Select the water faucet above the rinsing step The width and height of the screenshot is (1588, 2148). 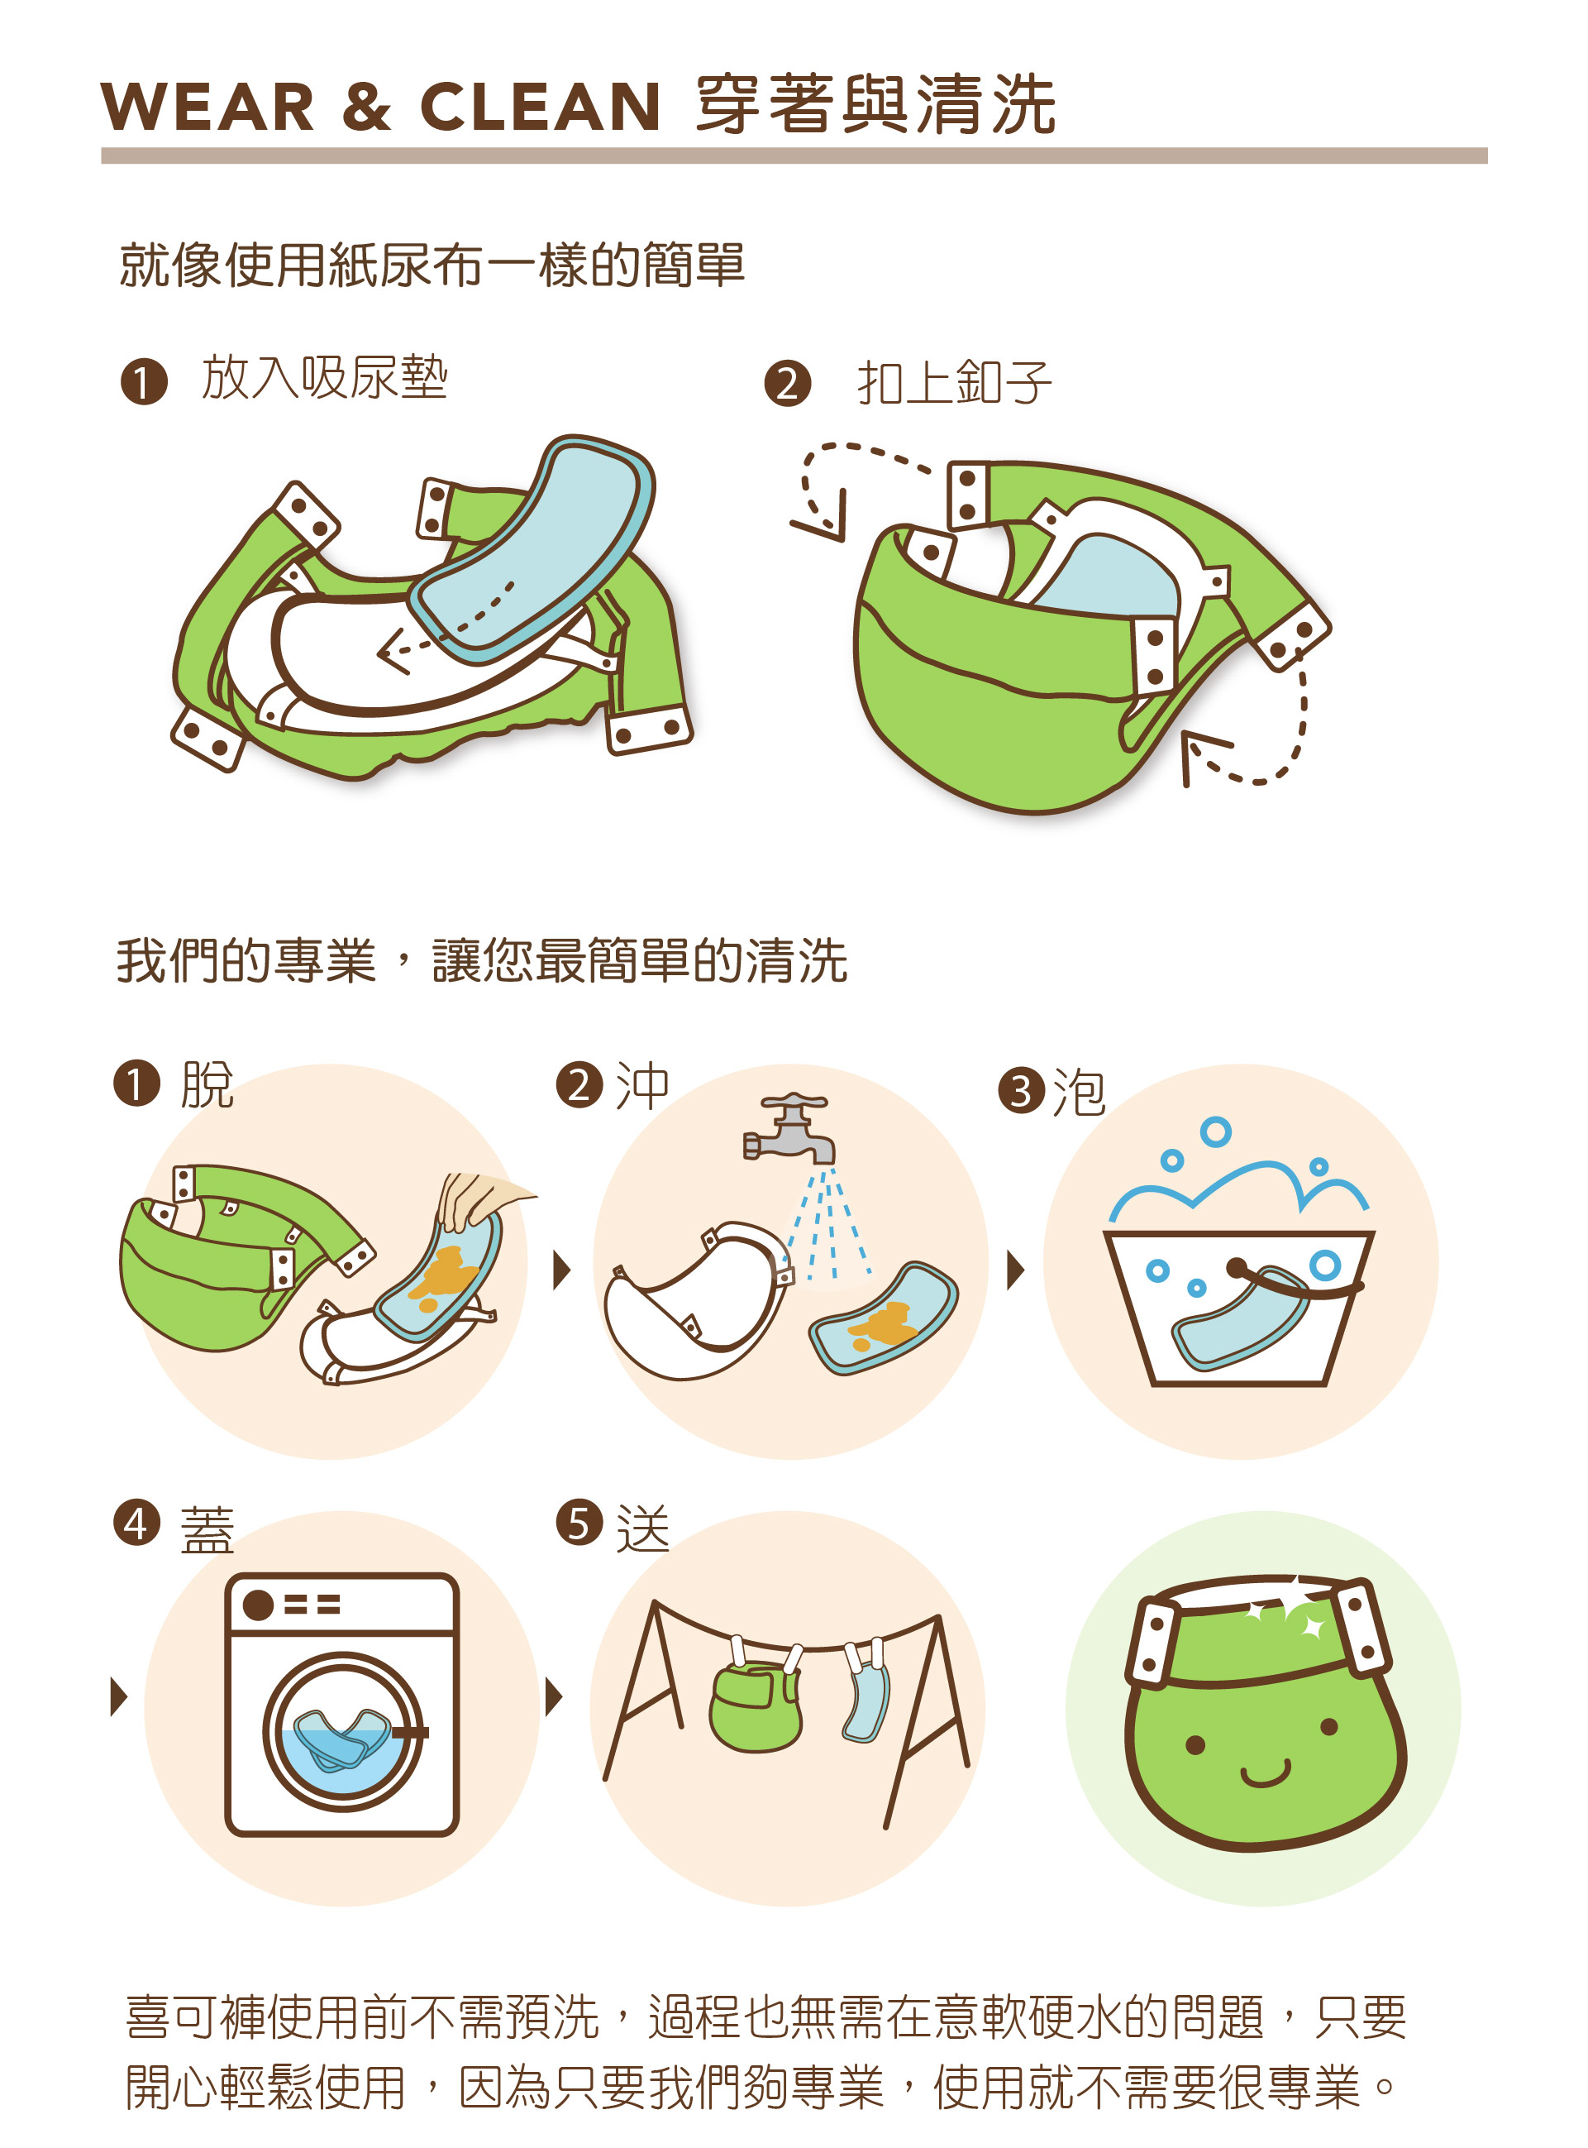(x=789, y=1128)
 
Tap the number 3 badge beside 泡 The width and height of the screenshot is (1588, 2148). (x=1021, y=1090)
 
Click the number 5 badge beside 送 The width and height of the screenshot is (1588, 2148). (x=579, y=1524)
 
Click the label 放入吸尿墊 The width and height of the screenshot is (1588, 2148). (x=325, y=377)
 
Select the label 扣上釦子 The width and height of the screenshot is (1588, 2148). (x=955, y=383)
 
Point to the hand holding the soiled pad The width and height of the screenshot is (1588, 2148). (x=480, y=1200)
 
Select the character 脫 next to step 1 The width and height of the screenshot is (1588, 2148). (x=207, y=1085)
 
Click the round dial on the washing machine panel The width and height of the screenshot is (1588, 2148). (x=258, y=1605)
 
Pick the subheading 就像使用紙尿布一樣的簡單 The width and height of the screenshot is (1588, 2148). (x=432, y=265)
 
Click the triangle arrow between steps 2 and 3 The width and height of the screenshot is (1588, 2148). (x=1015, y=1270)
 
